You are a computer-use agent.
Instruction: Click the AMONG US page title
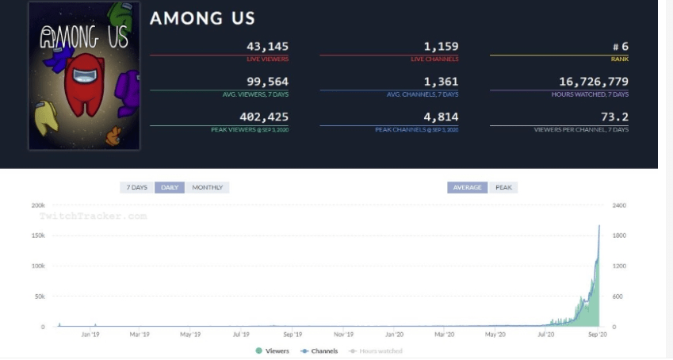(202, 18)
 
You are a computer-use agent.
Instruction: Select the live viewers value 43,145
(268, 47)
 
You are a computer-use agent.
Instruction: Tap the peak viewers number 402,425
(264, 117)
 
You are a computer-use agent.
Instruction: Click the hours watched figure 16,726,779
(594, 82)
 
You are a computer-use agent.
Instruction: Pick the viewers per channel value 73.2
(614, 117)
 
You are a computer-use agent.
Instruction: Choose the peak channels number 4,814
(441, 117)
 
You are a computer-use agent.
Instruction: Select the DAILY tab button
(170, 188)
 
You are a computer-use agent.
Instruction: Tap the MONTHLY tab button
(208, 188)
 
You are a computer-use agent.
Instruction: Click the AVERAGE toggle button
(468, 188)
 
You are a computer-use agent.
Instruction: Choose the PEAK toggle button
(503, 188)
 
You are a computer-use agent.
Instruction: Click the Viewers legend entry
(273, 350)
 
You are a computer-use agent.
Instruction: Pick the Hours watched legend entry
(378, 350)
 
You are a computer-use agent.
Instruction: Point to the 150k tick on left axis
(37, 236)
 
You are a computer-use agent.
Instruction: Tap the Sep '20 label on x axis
(597, 335)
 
